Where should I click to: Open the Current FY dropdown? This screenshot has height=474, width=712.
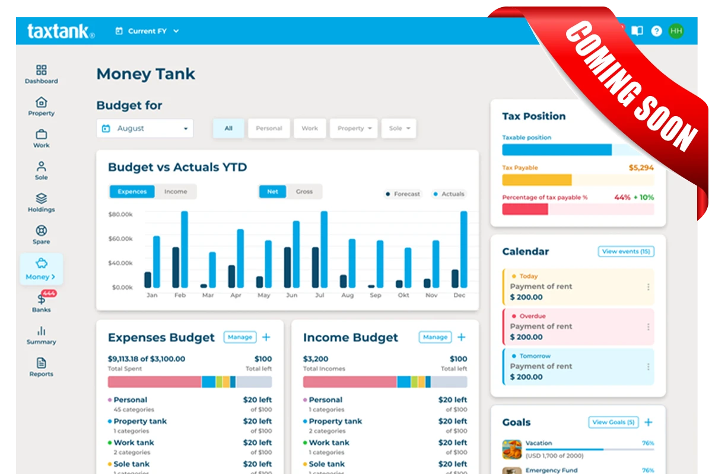(147, 31)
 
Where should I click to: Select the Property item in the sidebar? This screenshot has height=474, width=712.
(41, 107)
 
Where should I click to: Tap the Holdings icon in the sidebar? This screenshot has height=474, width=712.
(41, 198)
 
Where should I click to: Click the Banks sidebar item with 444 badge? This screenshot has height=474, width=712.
(42, 302)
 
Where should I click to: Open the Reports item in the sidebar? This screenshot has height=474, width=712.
(41, 367)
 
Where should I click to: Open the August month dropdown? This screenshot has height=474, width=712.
(145, 128)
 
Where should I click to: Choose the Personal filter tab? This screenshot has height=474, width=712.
(269, 128)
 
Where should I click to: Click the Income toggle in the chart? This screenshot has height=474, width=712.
(176, 191)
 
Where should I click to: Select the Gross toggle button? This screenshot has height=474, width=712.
(304, 191)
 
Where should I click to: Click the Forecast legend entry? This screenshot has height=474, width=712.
(403, 194)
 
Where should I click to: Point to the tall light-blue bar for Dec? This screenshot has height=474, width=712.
(464, 249)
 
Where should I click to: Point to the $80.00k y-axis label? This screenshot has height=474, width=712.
(120, 214)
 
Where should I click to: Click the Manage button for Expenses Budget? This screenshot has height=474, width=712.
(240, 337)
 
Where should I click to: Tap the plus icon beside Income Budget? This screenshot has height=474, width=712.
(462, 337)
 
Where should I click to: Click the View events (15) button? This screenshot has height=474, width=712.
(626, 252)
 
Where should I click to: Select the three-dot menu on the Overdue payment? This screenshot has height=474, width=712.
(648, 326)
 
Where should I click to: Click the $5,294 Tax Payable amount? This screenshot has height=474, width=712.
(641, 168)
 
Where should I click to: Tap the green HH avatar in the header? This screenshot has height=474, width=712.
(676, 31)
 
